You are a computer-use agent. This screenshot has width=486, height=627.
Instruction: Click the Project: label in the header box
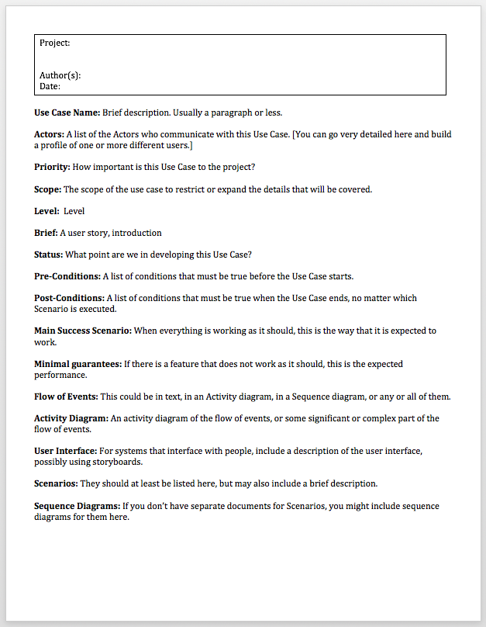tap(54, 43)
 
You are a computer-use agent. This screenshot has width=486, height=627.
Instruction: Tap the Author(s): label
tap(60, 75)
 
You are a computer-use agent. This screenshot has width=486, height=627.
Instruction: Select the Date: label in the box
tap(50, 86)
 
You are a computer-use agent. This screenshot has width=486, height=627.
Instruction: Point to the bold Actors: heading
tap(49, 134)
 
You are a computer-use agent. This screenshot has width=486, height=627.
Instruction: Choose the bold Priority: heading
tap(52, 167)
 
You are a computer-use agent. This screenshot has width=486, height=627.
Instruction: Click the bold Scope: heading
tap(47, 189)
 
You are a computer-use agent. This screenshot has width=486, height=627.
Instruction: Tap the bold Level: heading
tap(46, 211)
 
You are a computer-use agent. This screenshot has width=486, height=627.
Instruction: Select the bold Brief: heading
tap(46, 233)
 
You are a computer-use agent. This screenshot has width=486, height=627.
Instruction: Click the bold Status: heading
tap(48, 255)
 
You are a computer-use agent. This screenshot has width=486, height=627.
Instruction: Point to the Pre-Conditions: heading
tap(67, 276)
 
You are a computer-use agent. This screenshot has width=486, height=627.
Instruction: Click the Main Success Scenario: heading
tap(83, 331)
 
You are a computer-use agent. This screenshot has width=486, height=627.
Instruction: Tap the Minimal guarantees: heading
tap(76, 364)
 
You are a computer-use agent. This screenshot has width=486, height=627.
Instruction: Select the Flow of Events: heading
tap(67, 397)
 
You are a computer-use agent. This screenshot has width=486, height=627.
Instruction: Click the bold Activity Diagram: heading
tap(71, 418)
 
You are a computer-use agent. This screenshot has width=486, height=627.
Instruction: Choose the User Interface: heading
tap(65, 451)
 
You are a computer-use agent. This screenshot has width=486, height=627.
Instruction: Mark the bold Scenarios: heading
tap(56, 483)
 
